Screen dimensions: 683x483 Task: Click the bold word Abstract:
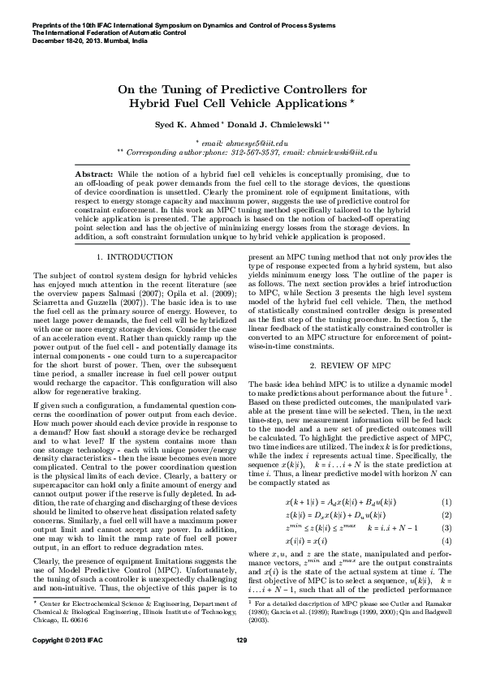tap(94, 174)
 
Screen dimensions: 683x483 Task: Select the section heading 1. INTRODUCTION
tap(128, 257)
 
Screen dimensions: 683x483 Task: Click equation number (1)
tap(446, 481)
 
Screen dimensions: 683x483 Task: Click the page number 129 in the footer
tap(241, 664)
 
